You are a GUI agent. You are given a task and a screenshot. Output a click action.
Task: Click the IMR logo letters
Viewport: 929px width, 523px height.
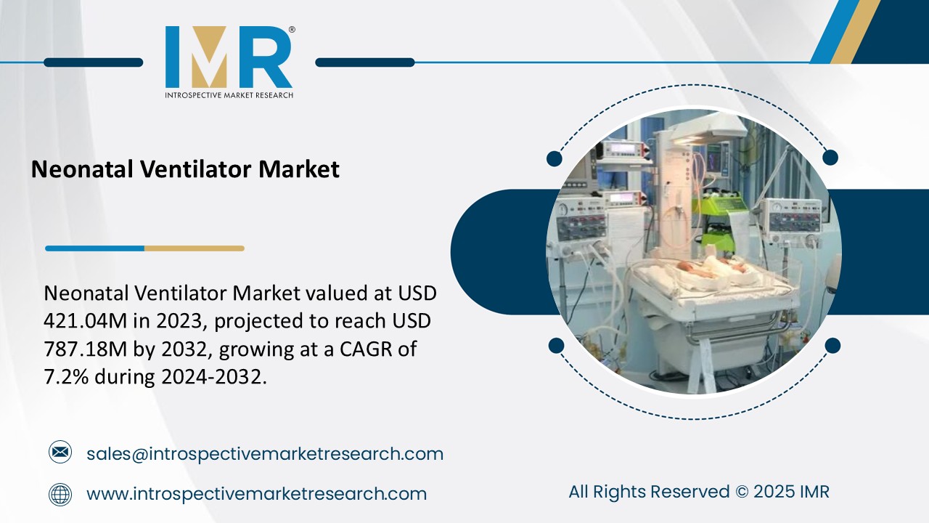click(229, 57)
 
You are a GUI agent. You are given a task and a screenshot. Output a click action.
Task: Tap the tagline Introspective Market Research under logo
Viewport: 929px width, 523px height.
click(229, 95)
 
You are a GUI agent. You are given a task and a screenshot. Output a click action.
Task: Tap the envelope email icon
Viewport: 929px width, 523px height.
click(60, 453)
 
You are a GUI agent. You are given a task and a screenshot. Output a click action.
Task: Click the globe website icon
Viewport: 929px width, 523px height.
click(60, 495)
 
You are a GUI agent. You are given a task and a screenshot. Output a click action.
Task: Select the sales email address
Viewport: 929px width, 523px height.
click(265, 454)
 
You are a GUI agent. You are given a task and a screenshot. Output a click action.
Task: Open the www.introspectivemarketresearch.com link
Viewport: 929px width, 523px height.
click(256, 495)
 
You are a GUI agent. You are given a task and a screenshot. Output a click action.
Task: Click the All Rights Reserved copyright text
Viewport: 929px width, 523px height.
click(698, 492)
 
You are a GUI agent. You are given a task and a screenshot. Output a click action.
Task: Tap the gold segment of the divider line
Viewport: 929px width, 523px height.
click(194, 248)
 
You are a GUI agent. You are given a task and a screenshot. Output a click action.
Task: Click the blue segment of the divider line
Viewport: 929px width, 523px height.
click(94, 248)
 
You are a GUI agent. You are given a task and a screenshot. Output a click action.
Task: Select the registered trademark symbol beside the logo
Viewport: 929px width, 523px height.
click(292, 30)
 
